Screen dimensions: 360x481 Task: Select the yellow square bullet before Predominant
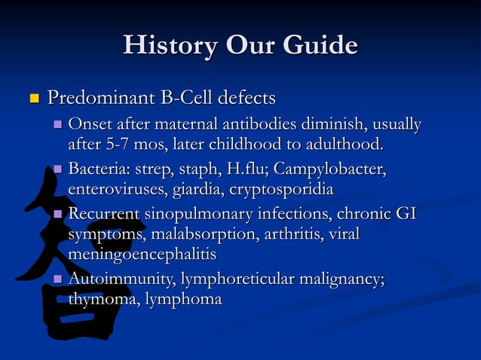point(33,99)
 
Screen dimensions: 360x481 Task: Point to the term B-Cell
point(188,98)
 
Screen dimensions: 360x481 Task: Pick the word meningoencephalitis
point(142,253)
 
